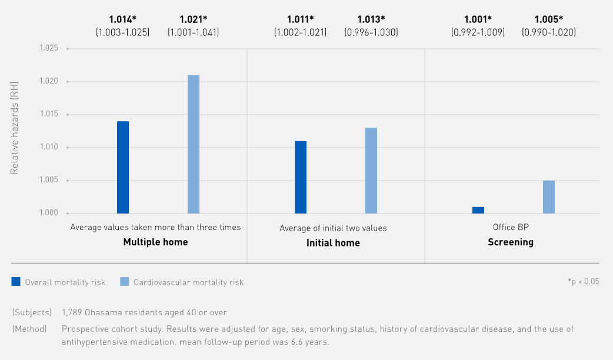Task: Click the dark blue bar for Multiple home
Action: pyautogui.click(x=123, y=167)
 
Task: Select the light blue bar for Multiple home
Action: pyautogui.click(x=194, y=144)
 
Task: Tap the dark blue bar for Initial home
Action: pyautogui.click(x=301, y=177)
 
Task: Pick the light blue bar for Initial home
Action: pyautogui.click(x=371, y=171)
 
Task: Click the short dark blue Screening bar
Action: pyautogui.click(x=478, y=210)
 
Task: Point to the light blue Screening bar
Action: pyautogui.click(x=549, y=197)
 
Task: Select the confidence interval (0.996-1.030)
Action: pyautogui.click(x=371, y=33)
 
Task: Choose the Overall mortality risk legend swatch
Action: pyautogui.click(x=16, y=282)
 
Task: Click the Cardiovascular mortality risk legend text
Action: pyautogui.click(x=188, y=282)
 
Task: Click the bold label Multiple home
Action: pyautogui.click(x=155, y=242)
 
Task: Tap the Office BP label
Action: pyautogui.click(x=511, y=227)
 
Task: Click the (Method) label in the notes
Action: pyautogui.click(x=29, y=329)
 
